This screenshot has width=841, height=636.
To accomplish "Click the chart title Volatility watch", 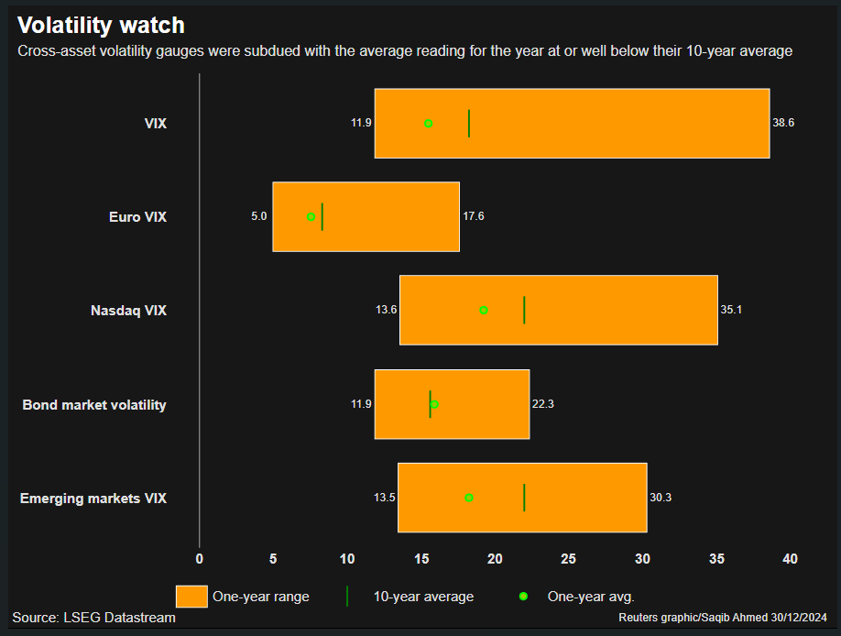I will pyautogui.click(x=101, y=25).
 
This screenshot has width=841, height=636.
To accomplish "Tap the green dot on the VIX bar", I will pyautogui.click(x=428, y=123).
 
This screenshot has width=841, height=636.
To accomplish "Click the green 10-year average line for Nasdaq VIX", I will pyautogui.click(x=524, y=310).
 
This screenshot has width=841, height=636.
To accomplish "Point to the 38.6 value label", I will pyautogui.click(x=783, y=123).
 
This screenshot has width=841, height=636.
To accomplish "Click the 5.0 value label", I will pyautogui.click(x=258, y=216).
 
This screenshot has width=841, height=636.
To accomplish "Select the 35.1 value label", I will pyautogui.click(x=731, y=310).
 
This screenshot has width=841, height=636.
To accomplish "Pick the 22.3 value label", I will pyautogui.click(x=542, y=404).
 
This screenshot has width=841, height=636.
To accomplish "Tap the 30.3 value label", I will pyautogui.click(x=661, y=498).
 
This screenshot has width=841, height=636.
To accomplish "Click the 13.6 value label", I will pyautogui.click(x=386, y=310).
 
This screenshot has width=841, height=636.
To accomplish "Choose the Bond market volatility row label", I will pyautogui.click(x=94, y=404).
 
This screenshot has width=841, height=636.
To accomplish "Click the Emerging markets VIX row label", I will pyautogui.click(x=93, y=499).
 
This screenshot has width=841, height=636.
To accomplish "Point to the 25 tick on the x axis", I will pyautogui.click(x=569, y=558).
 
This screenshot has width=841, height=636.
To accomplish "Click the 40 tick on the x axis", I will pyautogui.click(x=790, y=558).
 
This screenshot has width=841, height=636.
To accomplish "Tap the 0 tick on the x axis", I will pyautogui.click(x=200, y=558).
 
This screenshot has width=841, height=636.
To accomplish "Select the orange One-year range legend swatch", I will pyautogui.click(x=191, y=597).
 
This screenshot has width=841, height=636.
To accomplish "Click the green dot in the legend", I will pyautogui.click(x=523, y=597).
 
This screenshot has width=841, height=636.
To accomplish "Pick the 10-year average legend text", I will pyautogui.click(x=423, y=597).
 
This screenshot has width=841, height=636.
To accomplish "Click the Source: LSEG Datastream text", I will pyautogui.click(x=93, y=618).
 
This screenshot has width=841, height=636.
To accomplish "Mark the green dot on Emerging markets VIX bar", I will pyautogui.click(x=469, y=498).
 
